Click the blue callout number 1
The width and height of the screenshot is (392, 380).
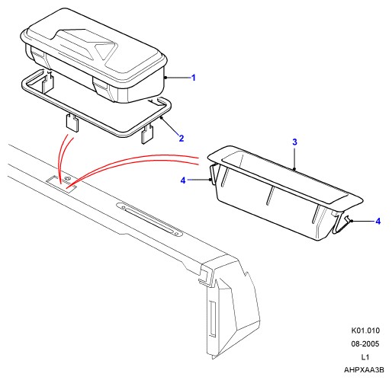point(194,78)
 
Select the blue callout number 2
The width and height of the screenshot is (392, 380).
point(182,139)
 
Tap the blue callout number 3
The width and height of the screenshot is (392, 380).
point(294,142)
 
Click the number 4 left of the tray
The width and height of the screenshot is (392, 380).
point(183,180)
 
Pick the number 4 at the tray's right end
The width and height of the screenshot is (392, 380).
point(378,222)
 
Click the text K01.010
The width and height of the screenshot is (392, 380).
point(365,331)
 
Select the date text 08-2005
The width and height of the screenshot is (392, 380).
point(365,344)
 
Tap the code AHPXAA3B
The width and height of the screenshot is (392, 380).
point(364,370)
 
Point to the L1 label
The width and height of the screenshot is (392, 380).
point(365,357)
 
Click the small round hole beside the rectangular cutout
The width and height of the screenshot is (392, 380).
point(67,178)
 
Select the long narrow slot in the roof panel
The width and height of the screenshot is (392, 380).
point(149,219)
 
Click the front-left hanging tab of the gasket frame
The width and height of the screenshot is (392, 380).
point(72,123)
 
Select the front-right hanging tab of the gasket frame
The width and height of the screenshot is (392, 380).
point(148,135)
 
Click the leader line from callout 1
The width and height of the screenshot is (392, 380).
point(178,78)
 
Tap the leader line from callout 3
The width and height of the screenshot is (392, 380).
point(294,158)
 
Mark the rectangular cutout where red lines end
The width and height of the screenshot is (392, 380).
point(61,184)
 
